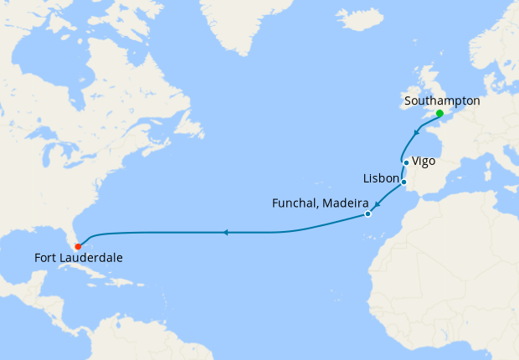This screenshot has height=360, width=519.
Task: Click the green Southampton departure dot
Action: coord(439,113)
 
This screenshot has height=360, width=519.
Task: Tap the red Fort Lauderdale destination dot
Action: coord(78,246)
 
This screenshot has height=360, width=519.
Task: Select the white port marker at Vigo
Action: coord(406,162)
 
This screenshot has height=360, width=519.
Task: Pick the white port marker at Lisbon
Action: coord(403,182)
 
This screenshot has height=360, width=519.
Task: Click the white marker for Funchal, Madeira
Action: coord(367,215)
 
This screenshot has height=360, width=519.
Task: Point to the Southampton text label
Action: coord(442,100)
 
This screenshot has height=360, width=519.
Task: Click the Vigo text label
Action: coord(424,160)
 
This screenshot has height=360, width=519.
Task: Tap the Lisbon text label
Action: coord(381,178)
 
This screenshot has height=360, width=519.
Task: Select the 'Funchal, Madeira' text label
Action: coord(321,203)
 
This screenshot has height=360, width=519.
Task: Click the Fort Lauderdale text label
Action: coord(79,258)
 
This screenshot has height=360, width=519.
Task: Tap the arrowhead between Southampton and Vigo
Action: coord(417,131)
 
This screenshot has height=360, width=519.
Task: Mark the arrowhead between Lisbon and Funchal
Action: coord(378,204)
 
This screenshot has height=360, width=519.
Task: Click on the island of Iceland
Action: coord(359,18)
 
